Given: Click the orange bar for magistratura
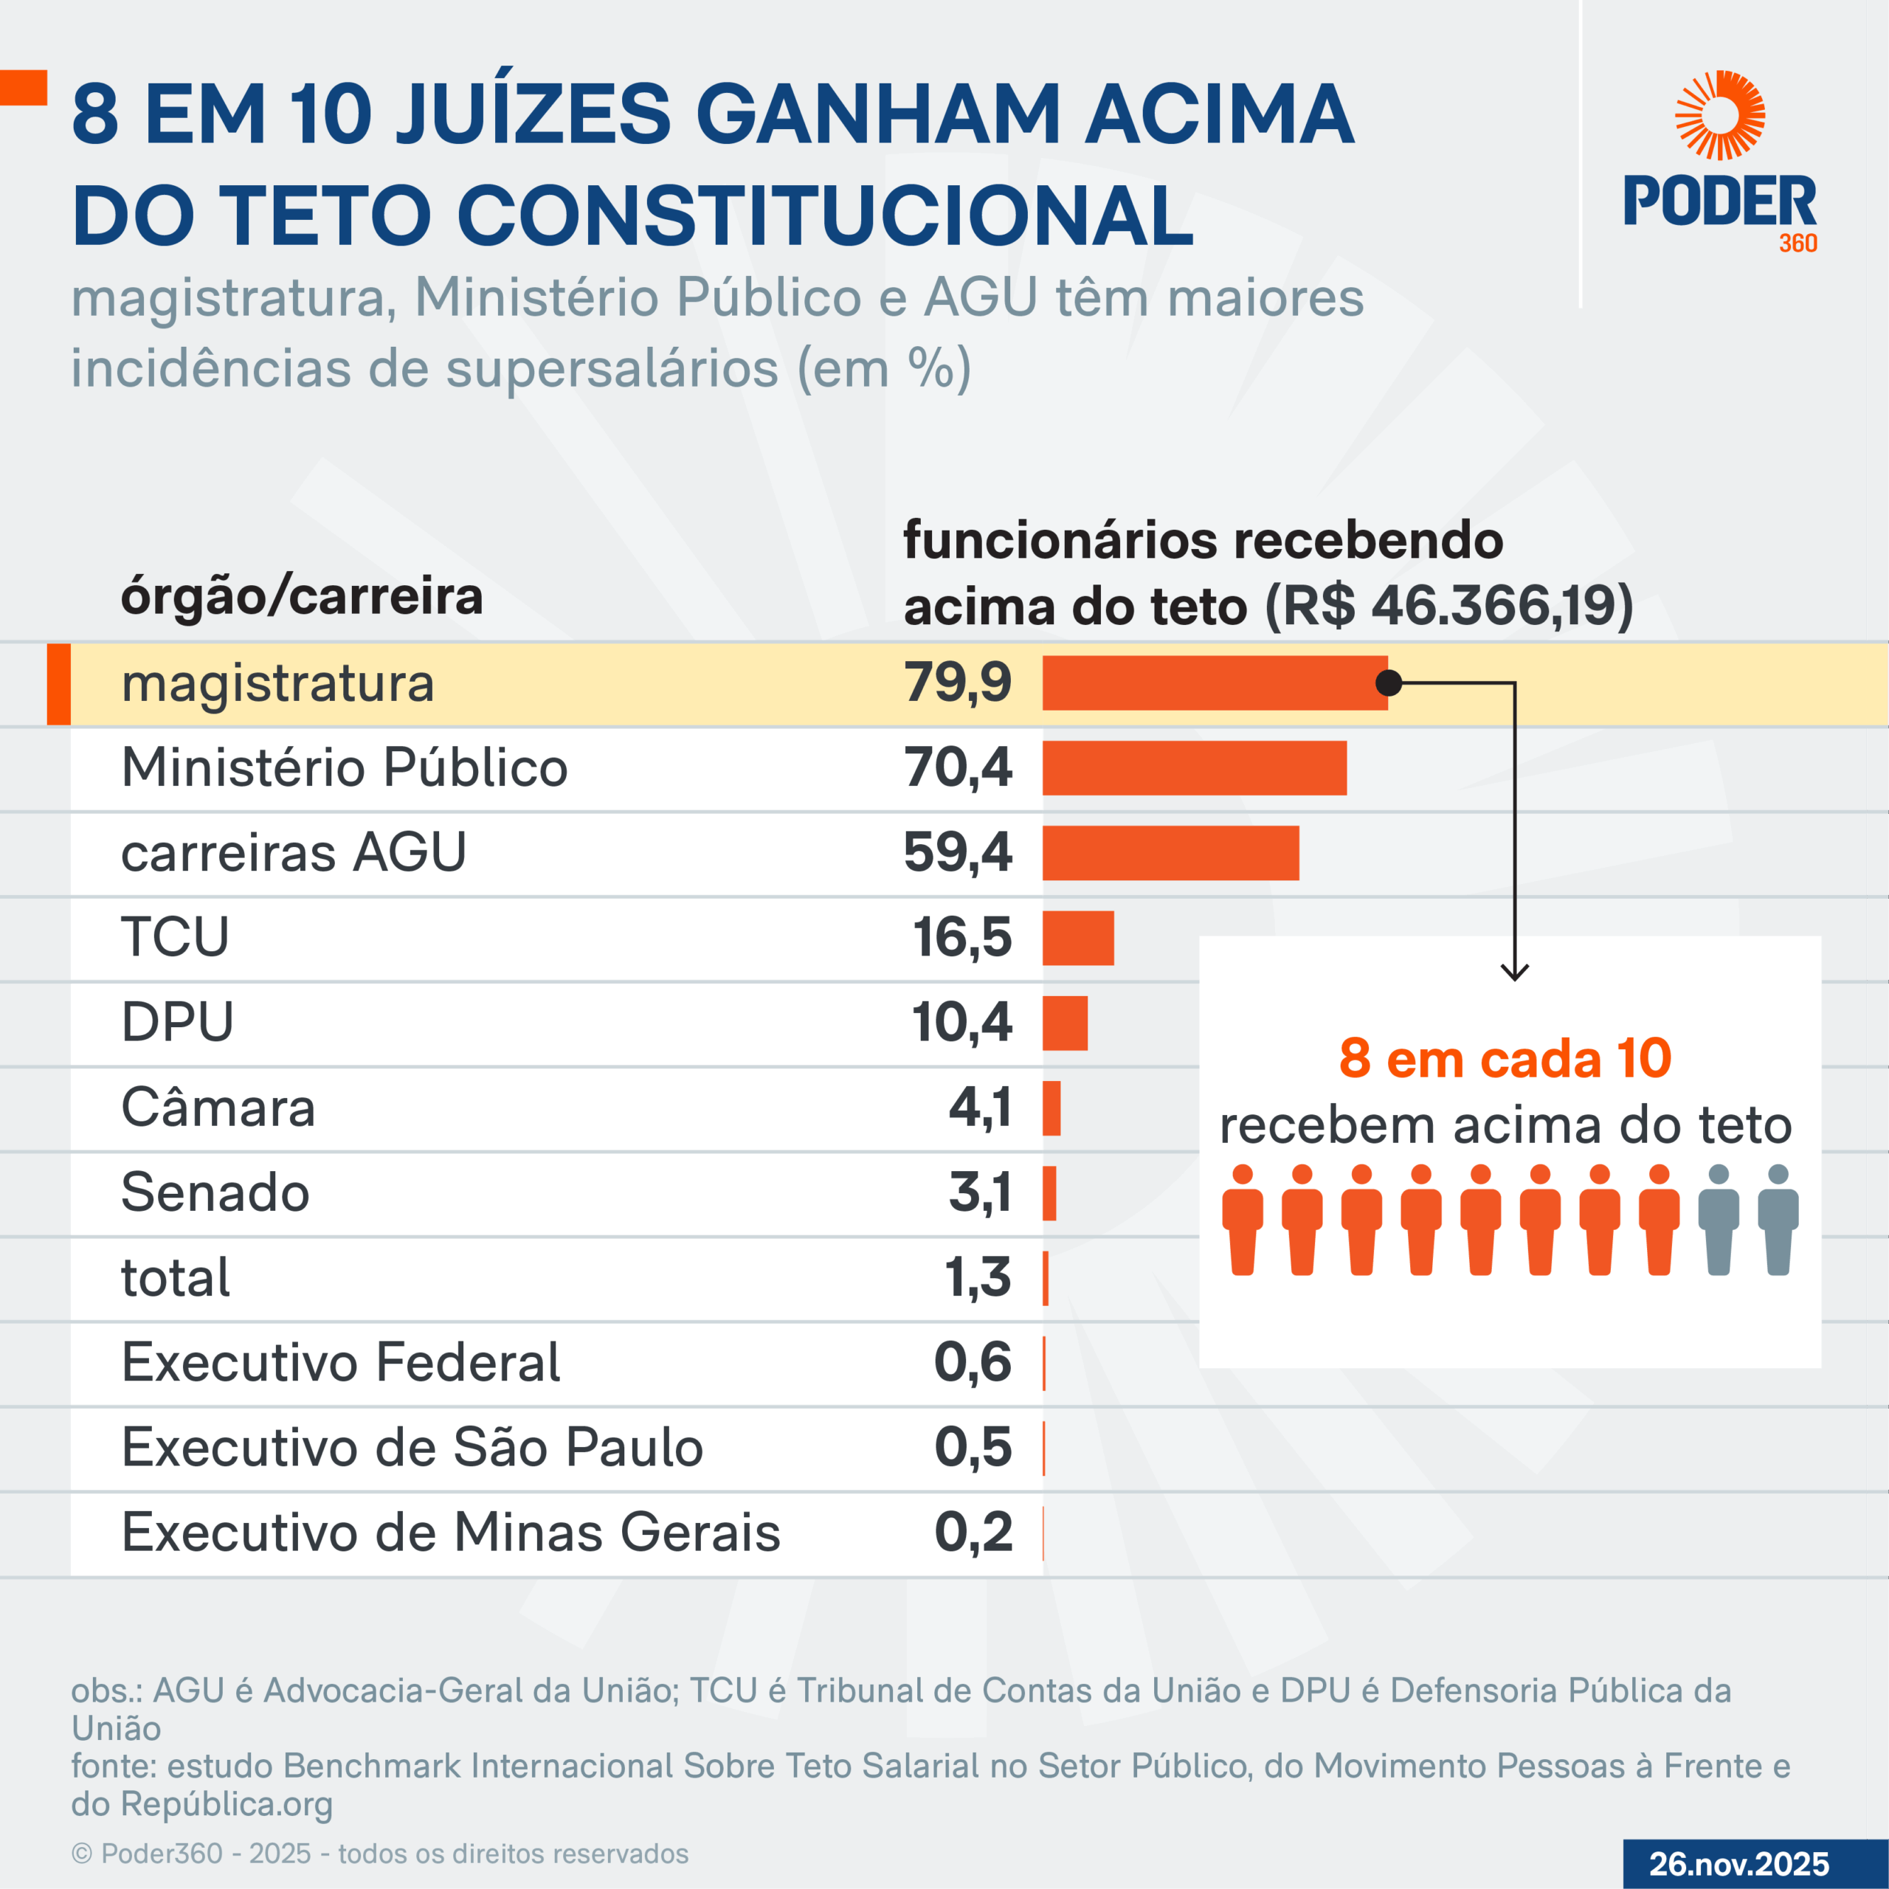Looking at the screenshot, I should (1212, 683).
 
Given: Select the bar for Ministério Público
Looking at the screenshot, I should (1194, 767).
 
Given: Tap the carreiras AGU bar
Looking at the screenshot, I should (1170, 852).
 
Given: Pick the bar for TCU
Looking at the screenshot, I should (1077, 938).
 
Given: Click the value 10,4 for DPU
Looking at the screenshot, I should (961, 1023).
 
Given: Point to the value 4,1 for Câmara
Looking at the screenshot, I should (980, 1108).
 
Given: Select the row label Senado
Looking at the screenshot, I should (215, 1193).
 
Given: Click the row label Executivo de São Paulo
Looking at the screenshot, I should (412, 1448).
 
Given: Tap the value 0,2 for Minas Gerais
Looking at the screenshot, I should (973, 1532).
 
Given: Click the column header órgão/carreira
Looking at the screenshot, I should (301, 596).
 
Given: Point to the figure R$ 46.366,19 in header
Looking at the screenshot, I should (1447, 607).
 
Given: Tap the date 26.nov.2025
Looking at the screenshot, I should (1738, 1864).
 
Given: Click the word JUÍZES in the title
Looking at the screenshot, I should (533, 114).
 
